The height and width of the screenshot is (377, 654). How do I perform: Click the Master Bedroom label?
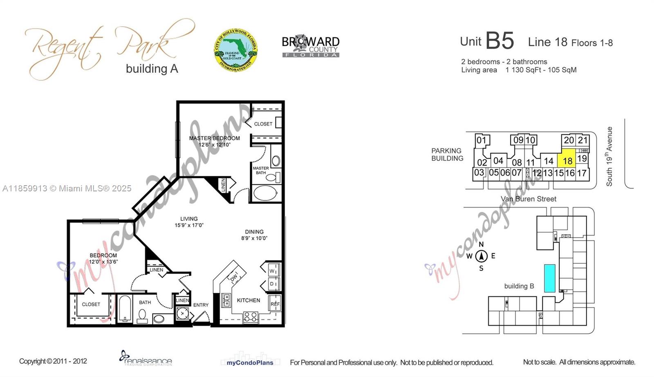214,138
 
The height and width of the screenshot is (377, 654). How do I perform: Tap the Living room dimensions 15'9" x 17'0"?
189,225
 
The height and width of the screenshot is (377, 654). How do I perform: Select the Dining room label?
254,231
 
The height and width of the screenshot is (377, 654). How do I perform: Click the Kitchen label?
249,300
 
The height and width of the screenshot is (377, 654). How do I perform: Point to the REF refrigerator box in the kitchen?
275,304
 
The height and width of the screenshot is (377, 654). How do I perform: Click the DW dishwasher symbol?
234,278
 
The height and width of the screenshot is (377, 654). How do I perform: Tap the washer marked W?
273,270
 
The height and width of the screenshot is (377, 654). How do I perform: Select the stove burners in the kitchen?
250,316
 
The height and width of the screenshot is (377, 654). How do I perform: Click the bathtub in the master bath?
265,193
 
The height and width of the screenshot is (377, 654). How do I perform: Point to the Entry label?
201,305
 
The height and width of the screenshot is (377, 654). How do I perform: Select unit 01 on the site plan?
482,140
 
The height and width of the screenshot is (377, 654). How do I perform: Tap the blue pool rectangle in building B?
549,278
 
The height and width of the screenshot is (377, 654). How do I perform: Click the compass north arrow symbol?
482,256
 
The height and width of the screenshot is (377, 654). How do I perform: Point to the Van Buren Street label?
528,199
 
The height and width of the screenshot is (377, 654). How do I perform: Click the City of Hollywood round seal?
236,50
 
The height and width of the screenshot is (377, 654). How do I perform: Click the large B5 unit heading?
499,40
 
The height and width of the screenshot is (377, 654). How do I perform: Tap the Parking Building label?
447,155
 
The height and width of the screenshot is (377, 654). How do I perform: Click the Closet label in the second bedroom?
91,304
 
